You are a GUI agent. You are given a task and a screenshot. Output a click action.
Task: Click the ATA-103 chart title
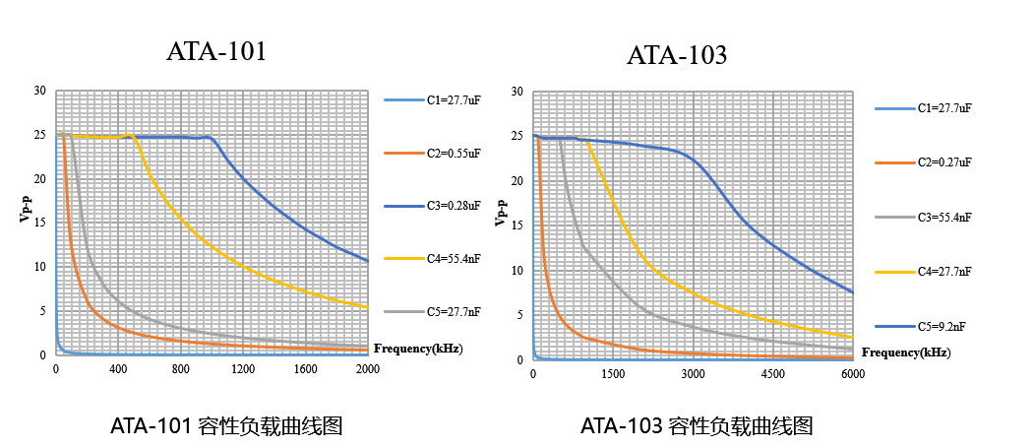[x=677, y=56]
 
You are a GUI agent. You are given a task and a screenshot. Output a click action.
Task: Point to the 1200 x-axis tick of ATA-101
[x=243, y=369]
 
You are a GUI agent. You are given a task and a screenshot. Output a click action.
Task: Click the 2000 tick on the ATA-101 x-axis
[x=368, y=369]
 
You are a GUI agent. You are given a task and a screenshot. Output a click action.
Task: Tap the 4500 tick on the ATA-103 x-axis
[x=772, y=374]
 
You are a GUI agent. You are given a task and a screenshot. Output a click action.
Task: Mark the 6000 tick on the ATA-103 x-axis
[x=853, y=374]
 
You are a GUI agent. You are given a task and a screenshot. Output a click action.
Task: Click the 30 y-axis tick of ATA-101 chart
[x=40, y=91]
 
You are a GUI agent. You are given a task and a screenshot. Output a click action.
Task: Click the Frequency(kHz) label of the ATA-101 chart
[x=418, y=348]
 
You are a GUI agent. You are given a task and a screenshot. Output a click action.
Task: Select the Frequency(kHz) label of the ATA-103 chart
[x=905, y=352]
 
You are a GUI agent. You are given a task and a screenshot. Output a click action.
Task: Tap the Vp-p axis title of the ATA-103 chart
[x=502, y=212]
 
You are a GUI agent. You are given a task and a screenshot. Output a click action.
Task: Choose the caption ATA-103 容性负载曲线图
[x=697, y=426]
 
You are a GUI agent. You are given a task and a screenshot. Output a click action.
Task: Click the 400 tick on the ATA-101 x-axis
[x=118, y=369]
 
